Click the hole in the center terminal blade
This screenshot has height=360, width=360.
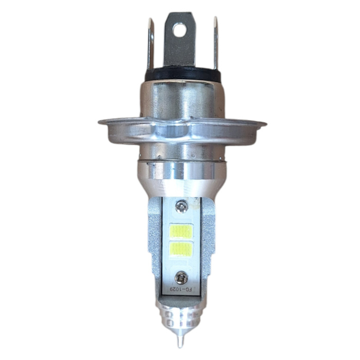point(179,30)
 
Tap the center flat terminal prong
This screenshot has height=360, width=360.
point(179,49)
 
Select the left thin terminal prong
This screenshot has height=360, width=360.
point(150,46)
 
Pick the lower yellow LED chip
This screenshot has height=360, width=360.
point(179,250)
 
